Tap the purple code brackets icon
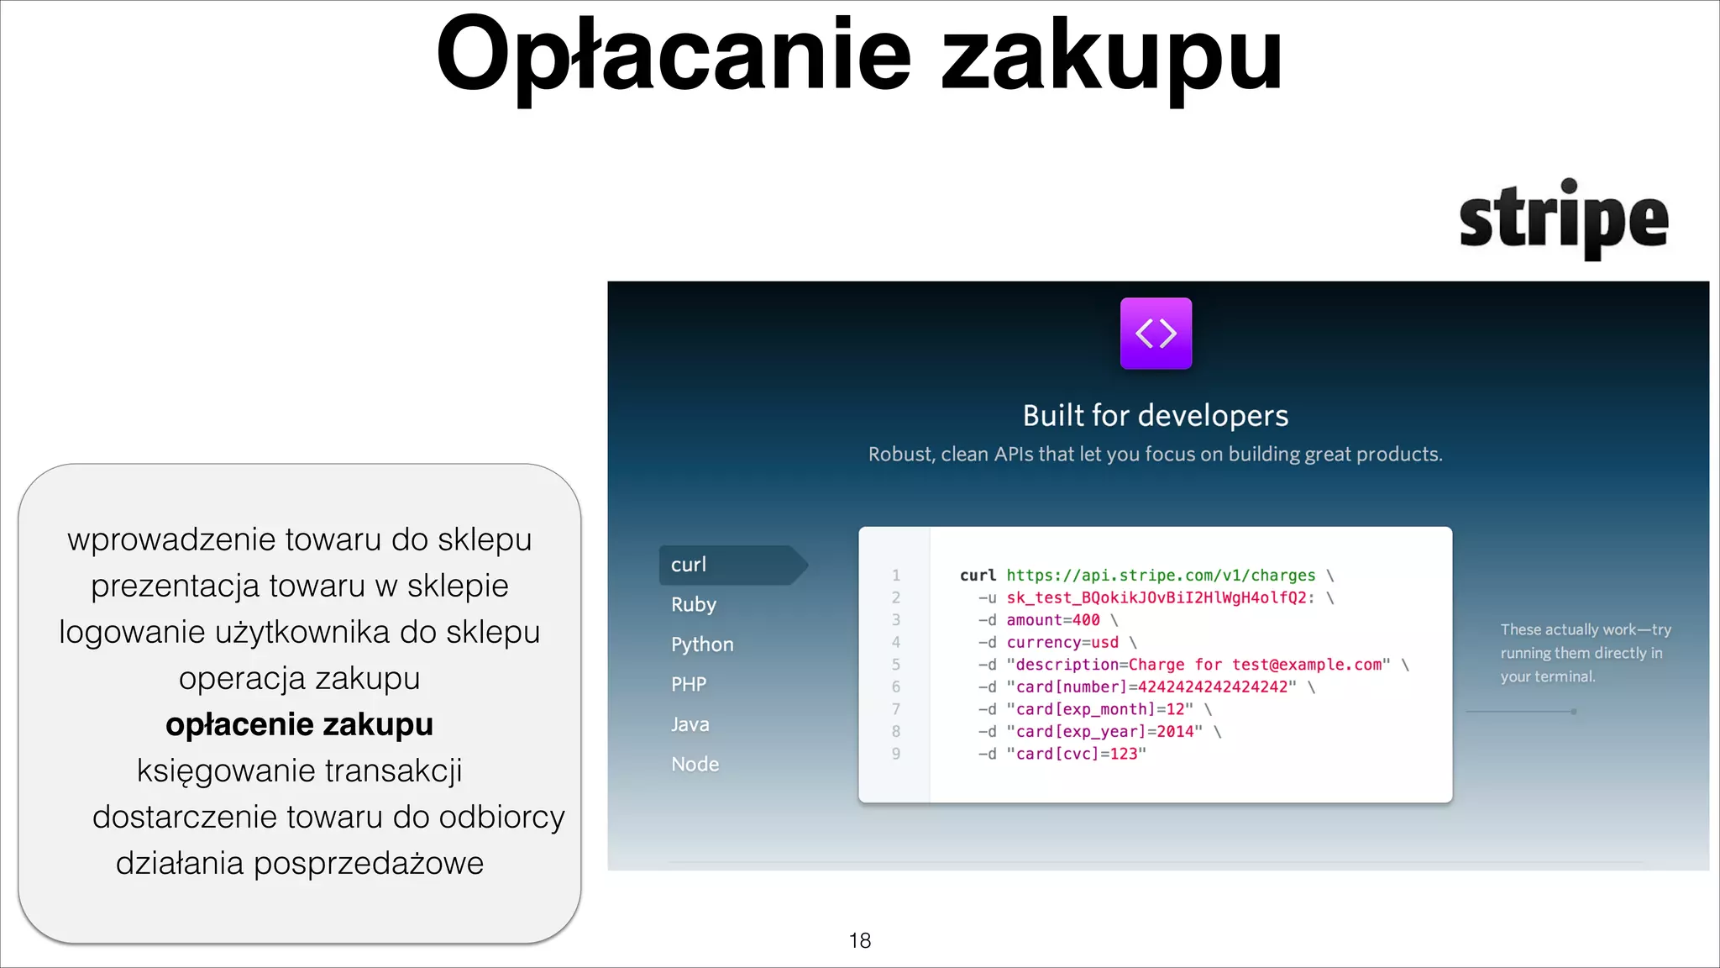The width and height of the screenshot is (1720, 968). point(1156,334)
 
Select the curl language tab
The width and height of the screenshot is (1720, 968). point(689,565)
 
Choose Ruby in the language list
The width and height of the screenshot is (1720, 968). point(694,604)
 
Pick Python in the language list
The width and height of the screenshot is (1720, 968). point(702,644)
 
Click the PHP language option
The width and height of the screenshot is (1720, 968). point(689,684)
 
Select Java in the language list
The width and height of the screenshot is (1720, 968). point(690,724)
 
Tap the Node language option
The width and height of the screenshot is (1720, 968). point(695,764)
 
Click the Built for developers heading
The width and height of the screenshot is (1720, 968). point(1155,415)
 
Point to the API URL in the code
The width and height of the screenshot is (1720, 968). point(1161,576)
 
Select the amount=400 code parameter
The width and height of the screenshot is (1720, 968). point(1053,620)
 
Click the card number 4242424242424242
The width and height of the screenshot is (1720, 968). point(1213,687)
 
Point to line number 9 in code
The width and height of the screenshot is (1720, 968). point(896,754)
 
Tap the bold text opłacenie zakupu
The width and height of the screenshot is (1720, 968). point(299,724)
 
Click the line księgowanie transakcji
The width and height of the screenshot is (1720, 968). point(299,771)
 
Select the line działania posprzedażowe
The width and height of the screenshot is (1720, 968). point(299,863)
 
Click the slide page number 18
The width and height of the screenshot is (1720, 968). point(860,940)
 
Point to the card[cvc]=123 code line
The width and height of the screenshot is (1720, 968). point(1080,754)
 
